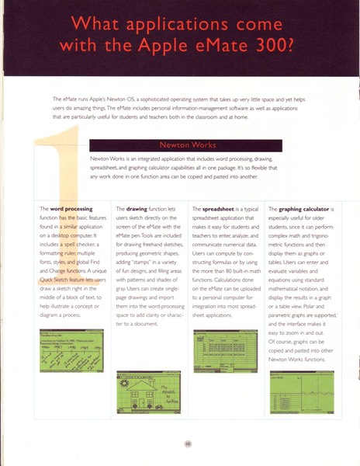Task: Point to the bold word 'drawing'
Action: pyautogui.click(x=144, y=209)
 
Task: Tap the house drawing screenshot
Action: pyautogui.click(x=147, y=393)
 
